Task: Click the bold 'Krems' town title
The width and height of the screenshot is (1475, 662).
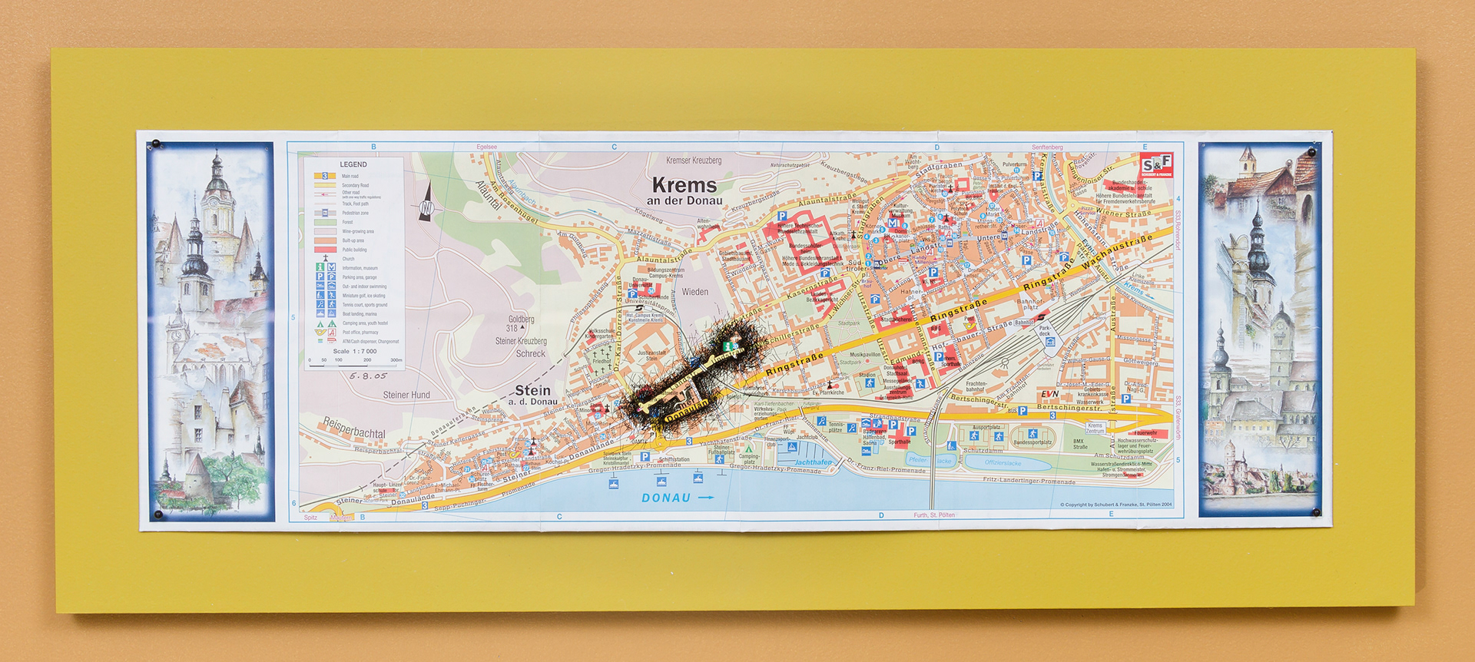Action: pos(684,185)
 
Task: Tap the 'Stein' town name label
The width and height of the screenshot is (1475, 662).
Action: pos(532,390)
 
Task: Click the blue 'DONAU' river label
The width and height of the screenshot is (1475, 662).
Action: pos(666,498)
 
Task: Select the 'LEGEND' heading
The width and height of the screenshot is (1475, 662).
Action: pos(353,164)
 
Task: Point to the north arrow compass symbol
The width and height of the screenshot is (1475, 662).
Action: pos(427,205)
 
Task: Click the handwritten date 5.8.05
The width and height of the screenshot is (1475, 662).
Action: pos(367,376)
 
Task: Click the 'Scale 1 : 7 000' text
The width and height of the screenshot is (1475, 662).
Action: pos(354,351)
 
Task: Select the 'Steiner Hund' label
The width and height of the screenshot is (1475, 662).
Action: pos(406,395)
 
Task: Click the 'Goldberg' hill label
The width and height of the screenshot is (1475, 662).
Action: pos(521,319)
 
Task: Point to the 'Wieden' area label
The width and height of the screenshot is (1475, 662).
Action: pos(694,292)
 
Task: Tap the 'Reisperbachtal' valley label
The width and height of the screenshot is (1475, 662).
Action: pos(353,429)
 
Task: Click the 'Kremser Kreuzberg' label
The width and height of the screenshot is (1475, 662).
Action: pos(694,161)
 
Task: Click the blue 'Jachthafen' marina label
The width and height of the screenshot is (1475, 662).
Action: pos(813,462)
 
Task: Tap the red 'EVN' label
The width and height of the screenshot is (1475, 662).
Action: pos(1049,394)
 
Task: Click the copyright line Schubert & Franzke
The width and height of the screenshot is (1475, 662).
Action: pos(1115,505)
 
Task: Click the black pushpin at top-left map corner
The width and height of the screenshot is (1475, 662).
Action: pos(156,144)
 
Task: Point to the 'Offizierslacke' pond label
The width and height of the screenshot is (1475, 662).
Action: pos(1003,463)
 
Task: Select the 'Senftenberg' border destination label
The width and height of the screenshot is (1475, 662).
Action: pos(1047,147)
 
